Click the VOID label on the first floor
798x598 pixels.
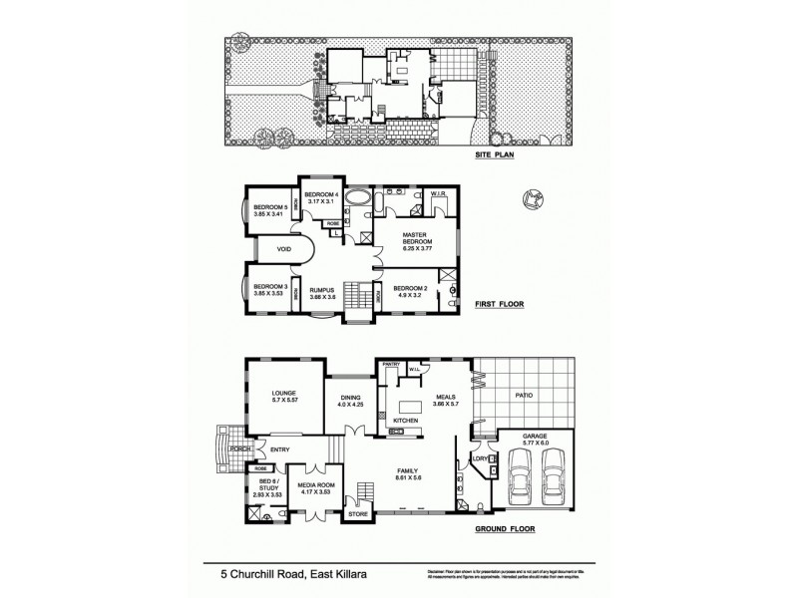tap(270, 250)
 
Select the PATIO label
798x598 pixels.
tap(525, 395)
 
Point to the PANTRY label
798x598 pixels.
tap(391, 365)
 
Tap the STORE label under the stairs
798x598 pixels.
tap(357, 514)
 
